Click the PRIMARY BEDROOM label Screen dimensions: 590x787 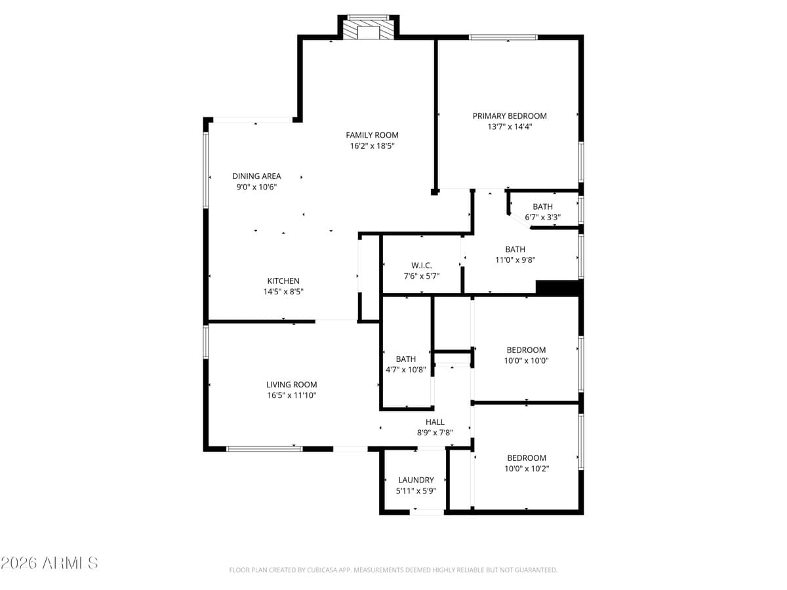[510, 116]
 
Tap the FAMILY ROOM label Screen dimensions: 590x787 [372, 135]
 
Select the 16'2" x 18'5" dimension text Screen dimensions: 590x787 [372, 146]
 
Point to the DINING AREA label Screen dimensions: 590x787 [256, 176]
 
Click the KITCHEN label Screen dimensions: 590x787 [283, 281]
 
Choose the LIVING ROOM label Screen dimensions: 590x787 [291, 385]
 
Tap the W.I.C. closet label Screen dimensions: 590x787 [422, 265]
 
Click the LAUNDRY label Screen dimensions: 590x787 [416, 480]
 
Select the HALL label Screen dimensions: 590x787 [435, 422]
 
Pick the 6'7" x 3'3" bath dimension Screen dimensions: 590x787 [542, 217]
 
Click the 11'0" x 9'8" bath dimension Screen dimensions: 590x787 [515, 260]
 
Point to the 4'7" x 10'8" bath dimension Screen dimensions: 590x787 [406, 370]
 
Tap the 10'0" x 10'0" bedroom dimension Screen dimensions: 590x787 [526, 361]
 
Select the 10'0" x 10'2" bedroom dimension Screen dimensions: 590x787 [527, 469]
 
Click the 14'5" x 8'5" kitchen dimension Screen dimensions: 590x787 [283, 292]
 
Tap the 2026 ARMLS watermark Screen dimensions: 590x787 [49, 562]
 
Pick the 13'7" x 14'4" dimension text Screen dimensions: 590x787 [510, 127]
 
